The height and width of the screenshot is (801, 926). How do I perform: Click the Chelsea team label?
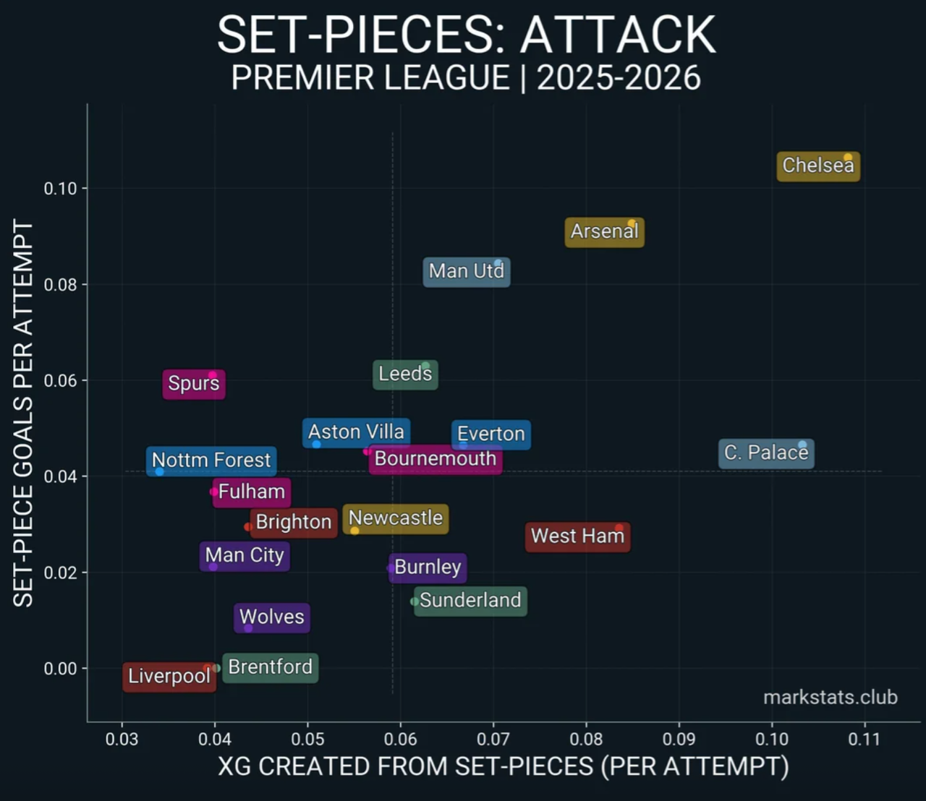[818, 166]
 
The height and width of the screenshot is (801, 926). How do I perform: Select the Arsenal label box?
[604, 232]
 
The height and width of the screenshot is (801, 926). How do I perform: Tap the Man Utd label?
[466, 272]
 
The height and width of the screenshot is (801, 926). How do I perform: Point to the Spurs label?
[193, 383]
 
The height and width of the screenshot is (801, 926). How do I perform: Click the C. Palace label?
[765, 453]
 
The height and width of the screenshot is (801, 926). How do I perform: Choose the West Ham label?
[577, 536]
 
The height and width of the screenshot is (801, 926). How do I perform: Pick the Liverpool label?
[169, 677]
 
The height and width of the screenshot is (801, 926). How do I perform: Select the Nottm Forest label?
[211, 461]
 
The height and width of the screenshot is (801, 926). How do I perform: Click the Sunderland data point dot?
[415, 601]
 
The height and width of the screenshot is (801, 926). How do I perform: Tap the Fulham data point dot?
[214, 492]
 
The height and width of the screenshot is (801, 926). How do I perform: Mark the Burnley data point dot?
[391, 568]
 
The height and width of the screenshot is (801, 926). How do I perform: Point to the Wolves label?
[272, 617]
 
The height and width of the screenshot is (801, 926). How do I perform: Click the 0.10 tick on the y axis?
[60, 189]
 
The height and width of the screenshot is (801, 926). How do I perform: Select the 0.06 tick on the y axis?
[60, 381]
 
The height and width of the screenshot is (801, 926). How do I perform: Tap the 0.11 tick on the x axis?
[864, 740]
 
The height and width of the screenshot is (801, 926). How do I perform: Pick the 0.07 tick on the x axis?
[493, 740]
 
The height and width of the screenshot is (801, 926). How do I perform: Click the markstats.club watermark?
[830, 698]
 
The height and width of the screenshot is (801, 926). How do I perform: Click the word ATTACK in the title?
[619, 35]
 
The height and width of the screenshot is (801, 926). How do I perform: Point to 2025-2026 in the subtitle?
[619, 78]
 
